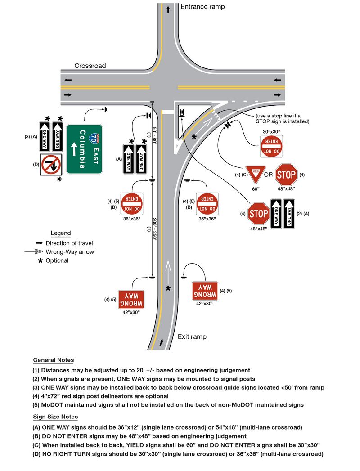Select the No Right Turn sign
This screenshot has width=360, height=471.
(x=51, y=164)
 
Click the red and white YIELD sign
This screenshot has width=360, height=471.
(x=256, y=173)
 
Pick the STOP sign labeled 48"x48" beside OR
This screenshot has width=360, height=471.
(x=286, y=174)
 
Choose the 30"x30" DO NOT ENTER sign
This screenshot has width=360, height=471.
(x=271, y=146)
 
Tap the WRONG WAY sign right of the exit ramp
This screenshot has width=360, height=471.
(x=205, y=290)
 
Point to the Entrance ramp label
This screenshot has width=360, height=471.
(x=202, y=7)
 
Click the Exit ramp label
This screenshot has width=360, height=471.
(x=193, y=336)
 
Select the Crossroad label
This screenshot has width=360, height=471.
(x=90, y=66)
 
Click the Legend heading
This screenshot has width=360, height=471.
(x=61, y=233)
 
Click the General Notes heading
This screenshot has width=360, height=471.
(x=54, y=360)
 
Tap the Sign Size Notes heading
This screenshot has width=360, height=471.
(x=55, y=417)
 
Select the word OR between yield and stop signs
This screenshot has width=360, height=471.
(x=269, y=174)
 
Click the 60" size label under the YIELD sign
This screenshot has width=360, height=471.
(x=256, y=189)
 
